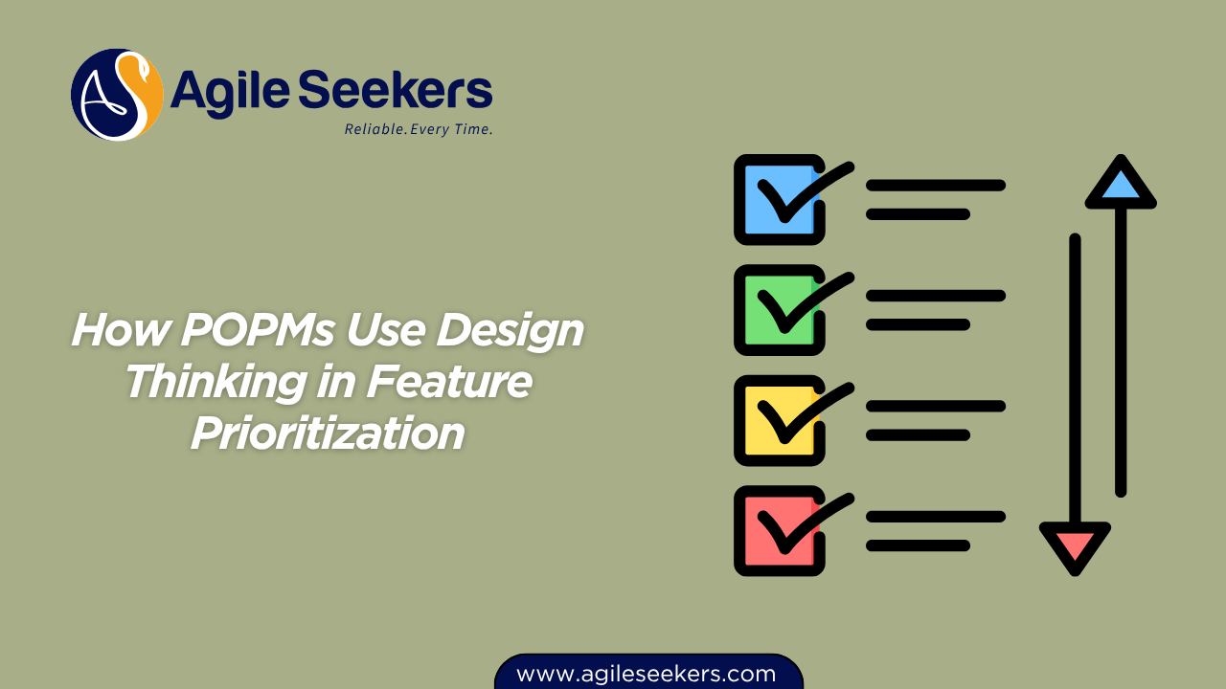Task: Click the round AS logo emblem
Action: tap(117, 95)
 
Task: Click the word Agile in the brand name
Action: tap(229, 92)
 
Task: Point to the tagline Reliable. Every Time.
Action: tap(419, 129)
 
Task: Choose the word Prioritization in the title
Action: tap(328, 433)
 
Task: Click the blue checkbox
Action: tap(778, 199)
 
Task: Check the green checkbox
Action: tap(778, 310)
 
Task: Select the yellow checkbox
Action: tap(778, 420)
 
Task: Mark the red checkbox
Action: tap(778, 531)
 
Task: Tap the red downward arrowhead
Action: tap(1075, 546)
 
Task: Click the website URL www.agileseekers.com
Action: tap(647, 674)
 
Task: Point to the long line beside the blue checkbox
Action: tap(935, 185)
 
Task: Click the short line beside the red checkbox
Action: tap(918, 545)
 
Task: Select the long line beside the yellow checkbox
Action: tap(935, 406)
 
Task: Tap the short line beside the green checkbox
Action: tap(918, 324)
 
